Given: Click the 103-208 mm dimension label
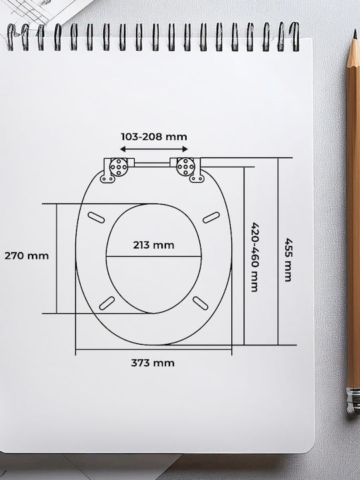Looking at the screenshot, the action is click(x=154, y=137).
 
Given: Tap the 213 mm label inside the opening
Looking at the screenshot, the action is click(x=154, y=245).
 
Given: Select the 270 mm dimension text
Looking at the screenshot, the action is click(x=27, y=256).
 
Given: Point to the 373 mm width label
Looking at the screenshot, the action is click(x=153, y=363).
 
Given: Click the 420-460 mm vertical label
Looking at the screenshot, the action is click(x=255, y=257).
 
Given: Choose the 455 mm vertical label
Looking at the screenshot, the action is click(x=289, y=259).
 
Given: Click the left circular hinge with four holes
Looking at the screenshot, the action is click(x=119, y=167).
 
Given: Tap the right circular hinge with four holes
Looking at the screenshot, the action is click(x=186, y=167).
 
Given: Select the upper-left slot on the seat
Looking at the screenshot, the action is click(x=96, y=217).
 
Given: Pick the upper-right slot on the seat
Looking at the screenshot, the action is click(x=211, y=217).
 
